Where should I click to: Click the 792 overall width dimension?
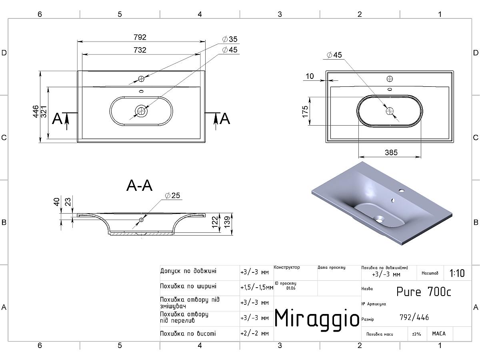[x=140, y=37]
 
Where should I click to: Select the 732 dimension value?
[x=140, y=50]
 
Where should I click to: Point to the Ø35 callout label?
[x=230, y=39]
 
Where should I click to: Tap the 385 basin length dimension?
[x=391, y=152]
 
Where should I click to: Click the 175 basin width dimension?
[x=305, y=112]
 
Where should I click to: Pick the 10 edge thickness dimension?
[x=310, y=76]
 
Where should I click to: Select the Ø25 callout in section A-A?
[x=172, y=196]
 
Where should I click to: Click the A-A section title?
[x=140, y=186]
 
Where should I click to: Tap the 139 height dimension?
[x=227, y=222]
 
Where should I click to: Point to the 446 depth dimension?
[x=36, y=112]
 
